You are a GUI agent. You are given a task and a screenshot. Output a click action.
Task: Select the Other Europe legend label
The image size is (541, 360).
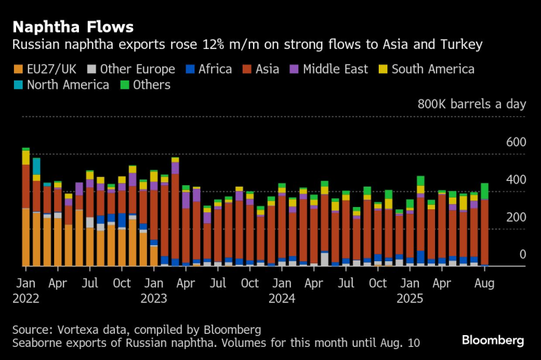pos(137,70)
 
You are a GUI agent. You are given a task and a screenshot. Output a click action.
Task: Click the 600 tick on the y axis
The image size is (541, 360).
pos(516,141)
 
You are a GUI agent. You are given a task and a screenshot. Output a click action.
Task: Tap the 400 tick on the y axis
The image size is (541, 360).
pos(516,179)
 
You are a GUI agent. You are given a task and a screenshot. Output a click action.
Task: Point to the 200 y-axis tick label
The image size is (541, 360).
pos(516,217)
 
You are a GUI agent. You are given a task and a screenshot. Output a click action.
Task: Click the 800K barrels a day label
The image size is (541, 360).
pos(471,104)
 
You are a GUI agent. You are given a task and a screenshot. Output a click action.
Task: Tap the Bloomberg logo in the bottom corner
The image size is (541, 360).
pos(493,340)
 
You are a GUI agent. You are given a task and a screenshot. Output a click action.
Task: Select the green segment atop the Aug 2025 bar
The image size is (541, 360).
pos(485,190)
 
